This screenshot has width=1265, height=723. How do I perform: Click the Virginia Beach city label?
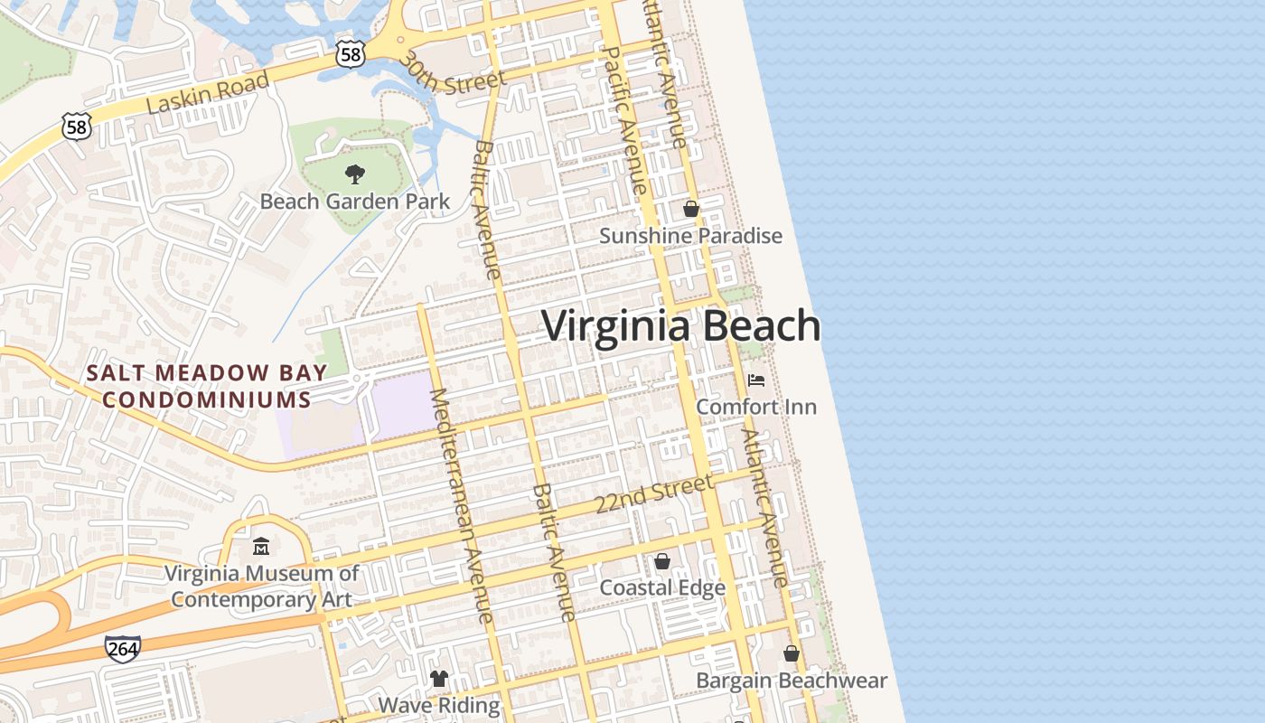(x=680, y=326)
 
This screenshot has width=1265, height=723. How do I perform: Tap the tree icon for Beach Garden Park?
(x=355, y=174)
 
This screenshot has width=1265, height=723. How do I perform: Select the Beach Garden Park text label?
(x=355, y=201)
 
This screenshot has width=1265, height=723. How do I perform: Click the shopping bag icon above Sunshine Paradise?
(x=691, y=210)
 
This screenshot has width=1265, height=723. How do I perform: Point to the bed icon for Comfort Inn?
(x=756, y=380)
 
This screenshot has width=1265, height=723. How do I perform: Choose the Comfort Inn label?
(x=756, y=407)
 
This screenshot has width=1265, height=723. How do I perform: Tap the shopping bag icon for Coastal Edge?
(x=662, y=562)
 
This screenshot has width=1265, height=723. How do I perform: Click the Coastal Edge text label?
(x=662, y=588)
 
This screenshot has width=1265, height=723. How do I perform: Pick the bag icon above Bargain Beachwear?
(x=792, y=653)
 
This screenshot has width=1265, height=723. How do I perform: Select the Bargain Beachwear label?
(x=792, y=680)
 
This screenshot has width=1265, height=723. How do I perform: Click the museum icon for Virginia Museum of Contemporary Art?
(x=261, y=547)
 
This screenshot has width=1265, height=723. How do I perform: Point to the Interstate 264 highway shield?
(x=122, y=649)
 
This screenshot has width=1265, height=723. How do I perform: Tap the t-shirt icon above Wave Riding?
(x=439, y=679)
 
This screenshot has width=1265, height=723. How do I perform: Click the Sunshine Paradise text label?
(x=691, y=236)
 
